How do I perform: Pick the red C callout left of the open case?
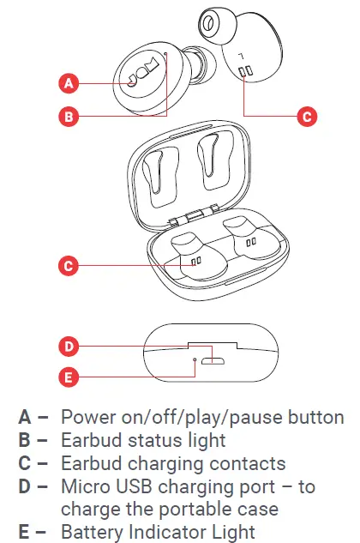click(x=69, y=265)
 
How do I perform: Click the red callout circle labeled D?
click(x=69, y=347)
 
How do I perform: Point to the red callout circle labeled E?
click(x=69, y=375)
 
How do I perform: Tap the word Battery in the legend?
click(x=93, y=532)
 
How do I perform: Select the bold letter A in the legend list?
click(x=26, y=419)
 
